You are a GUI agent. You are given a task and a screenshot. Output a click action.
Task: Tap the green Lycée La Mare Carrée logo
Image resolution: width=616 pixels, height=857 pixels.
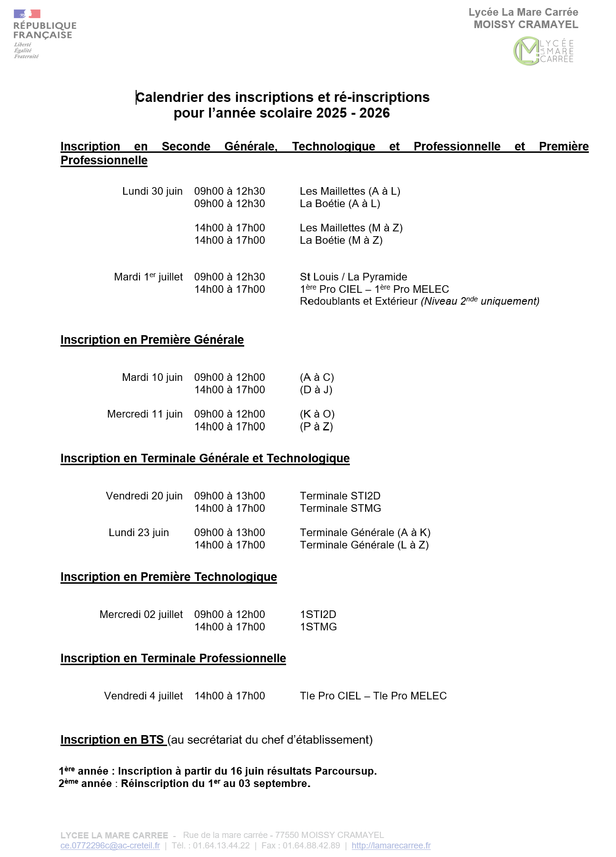(x=543, y=51)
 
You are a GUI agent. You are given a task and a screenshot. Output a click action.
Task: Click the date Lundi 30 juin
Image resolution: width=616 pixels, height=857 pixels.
(x=152, y=191)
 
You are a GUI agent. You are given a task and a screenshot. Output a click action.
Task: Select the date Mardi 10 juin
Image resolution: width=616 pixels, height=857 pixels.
(x=152, y=378)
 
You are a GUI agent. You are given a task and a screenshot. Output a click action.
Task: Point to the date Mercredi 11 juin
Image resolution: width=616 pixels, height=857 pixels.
(x=145, y=414)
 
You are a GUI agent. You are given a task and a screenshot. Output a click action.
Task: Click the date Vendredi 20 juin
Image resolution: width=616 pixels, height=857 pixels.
(x=144, y=496)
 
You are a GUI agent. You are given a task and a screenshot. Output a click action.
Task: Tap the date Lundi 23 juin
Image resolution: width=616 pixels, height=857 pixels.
(x=139, y=533)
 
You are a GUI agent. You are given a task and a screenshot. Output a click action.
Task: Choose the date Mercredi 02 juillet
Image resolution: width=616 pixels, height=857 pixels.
(x=141, y=615)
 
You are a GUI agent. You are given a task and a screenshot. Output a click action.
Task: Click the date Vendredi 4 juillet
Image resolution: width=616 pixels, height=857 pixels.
(x=143, y=696)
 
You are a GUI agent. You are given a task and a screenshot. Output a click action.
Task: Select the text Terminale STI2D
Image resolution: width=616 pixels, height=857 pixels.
(x=340, y=496)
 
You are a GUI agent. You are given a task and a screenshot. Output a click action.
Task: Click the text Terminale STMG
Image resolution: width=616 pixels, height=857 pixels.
(x=340, y=508)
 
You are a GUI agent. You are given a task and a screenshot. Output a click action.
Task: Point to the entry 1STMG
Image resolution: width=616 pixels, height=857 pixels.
(x=318, y=627)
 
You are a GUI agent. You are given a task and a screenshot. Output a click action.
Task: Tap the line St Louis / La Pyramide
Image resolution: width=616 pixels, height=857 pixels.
(x=353, y=277)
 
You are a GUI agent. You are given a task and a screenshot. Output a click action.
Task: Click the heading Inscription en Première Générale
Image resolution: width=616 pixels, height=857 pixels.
(x=152, y=340)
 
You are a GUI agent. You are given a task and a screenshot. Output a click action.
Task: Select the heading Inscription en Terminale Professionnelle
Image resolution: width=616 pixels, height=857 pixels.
(x=173, y=658)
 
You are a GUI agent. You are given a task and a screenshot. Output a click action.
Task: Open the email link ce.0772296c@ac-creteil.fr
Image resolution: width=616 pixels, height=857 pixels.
(x=110, y=846)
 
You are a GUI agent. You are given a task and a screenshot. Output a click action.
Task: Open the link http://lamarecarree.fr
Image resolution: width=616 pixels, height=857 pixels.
(x=391, y=846)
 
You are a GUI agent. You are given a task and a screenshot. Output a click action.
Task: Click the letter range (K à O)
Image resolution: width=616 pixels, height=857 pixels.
(x=317, y=414)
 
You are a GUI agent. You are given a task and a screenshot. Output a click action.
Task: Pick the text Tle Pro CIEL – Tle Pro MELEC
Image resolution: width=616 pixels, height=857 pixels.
(x=373, y=696)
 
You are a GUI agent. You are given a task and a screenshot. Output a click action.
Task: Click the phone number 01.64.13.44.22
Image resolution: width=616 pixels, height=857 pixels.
(x=221, y=846)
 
